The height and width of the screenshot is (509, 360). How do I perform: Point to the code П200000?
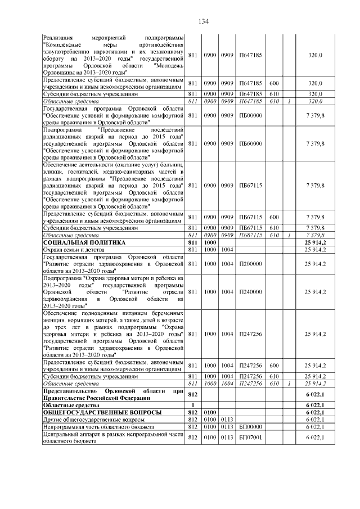(x=251, y=263)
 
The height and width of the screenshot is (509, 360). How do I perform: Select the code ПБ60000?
(x=251, y=143)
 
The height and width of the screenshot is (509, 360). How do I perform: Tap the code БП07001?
(x=251, y=438)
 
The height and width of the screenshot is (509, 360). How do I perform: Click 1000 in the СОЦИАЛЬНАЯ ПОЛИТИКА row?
(x=210, y=242)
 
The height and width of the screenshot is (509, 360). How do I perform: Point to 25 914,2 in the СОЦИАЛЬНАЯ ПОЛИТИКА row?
(x=315, y=242)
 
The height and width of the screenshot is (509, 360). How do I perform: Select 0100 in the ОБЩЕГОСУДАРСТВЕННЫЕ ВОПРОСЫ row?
(x=210, y=412)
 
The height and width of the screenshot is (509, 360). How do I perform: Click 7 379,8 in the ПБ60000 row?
(x=315, y=143)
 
